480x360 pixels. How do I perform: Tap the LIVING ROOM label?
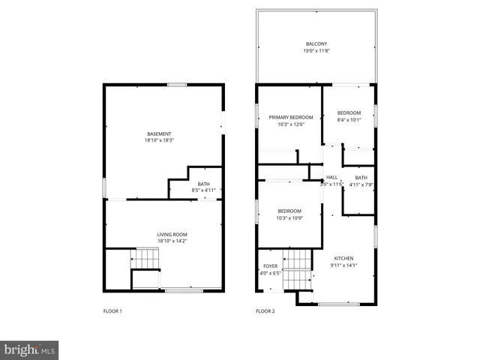172,235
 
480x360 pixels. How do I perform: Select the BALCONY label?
317,44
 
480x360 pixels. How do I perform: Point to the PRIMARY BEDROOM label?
291,118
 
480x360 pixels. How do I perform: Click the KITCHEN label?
343,258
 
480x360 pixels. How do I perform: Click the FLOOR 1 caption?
112,310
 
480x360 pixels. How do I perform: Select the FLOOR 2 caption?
265,310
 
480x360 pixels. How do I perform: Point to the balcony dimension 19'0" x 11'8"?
317,51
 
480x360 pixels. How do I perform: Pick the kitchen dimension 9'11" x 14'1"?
343,265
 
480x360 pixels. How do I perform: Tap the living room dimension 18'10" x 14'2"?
172,241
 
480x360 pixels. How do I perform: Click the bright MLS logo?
29,349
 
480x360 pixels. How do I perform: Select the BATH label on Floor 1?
204,184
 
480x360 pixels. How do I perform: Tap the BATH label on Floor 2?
361,178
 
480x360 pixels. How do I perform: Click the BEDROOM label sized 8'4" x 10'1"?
349,112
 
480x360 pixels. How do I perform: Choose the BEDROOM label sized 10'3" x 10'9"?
289,211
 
